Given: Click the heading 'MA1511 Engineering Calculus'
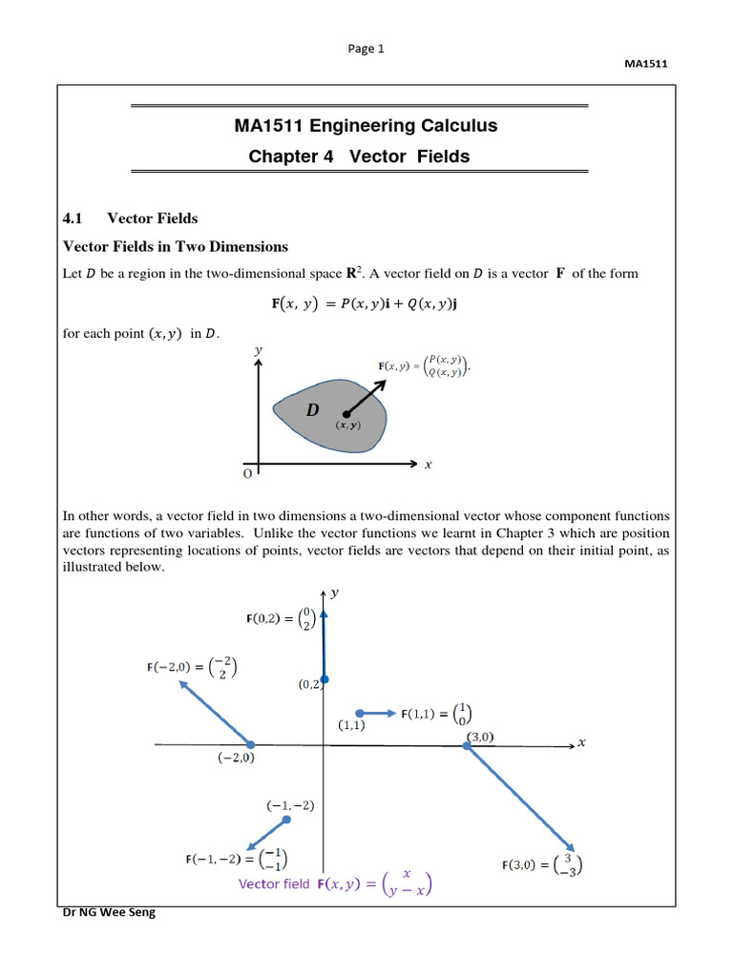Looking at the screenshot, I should [x=366, y=126].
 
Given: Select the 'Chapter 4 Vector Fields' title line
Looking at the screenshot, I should [x=366, y=156].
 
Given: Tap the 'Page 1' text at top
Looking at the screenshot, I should [x=366, y=50].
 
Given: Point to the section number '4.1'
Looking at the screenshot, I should [x=74, y=218].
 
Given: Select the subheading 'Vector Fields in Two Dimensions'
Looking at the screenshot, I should [x=175, y=247].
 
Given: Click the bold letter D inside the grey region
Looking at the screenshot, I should [x=312, y=410].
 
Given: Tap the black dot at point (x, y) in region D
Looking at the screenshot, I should [x=346, y=414].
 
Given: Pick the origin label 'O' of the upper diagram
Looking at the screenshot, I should [x=248, y=473].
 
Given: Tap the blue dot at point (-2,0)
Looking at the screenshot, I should [x=251, y=744].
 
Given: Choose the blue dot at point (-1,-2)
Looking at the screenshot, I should [x=286, y=820].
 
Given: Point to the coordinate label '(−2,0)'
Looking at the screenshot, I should [x=234, y=758].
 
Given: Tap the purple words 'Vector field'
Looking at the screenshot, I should [x=274, y=884].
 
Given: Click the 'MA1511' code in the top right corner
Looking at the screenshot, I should [x=644, y=64].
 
